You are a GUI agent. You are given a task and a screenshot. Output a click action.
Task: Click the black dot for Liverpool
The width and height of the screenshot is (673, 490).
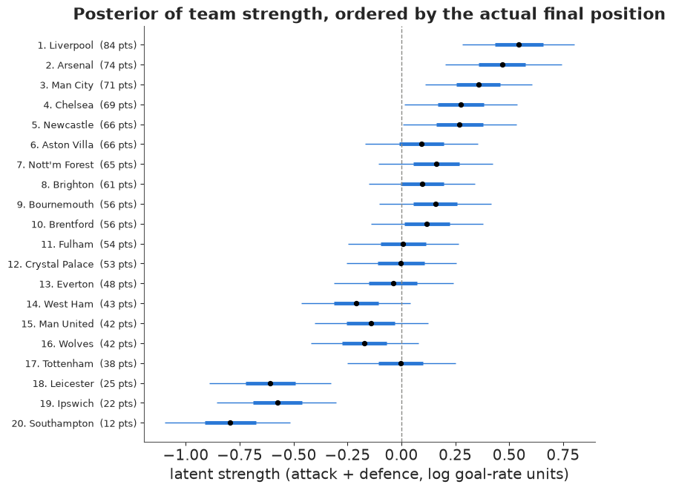pyautogui.click(x=519, y=44)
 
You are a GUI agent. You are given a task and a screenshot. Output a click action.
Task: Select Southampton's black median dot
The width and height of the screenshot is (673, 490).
pyautogui.click(x=231, y=423)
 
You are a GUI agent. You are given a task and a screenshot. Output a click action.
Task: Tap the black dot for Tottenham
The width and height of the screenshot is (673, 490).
pyautogui.click(x=401, y=363)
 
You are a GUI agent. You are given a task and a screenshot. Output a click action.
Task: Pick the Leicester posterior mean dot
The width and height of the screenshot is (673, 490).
pyautogui.click(x=270, y=383)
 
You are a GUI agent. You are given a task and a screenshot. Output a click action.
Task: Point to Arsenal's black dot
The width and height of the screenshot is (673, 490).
pyautogui.click(x=502, y=64)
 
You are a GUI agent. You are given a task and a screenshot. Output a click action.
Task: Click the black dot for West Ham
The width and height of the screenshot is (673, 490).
pyautogui.click(x=356, y=303)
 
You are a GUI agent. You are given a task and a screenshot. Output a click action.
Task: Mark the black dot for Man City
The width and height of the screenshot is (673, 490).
pyautogui.click(x=479, y=85)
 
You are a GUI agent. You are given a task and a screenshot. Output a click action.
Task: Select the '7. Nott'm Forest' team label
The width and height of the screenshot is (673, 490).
pyautogui.click(x=55, y=165)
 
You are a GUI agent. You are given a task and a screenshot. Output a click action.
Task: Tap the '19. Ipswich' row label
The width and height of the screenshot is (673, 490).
pyautogui.click(x=67, y=403)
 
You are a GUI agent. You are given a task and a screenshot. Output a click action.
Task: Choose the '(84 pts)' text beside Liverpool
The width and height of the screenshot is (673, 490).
pyautogui.click(x=119, y=45)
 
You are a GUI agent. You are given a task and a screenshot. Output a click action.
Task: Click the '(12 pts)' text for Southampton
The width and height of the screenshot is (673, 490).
pyautogui.click(x=119, y=423)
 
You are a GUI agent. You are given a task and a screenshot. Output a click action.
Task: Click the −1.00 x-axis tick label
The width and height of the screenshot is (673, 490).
pyautogui.click(x=186, y=455)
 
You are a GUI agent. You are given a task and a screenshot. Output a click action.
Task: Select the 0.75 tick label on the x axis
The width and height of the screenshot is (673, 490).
pyautogui.click(x=563, y=455)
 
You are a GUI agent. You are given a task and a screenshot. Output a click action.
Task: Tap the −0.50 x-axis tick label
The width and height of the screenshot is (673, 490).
pyautogui.click(x=294, y=455)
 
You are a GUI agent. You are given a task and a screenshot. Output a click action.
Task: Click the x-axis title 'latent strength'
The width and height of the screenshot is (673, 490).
pyautogui.click(x=225, y=474)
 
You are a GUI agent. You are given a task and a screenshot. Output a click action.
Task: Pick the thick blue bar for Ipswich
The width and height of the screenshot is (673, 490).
pyautogui.click(x=278, y=403)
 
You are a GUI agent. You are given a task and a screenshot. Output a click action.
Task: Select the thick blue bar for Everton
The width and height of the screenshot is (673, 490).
pyautogui.click(x=393, y=283)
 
